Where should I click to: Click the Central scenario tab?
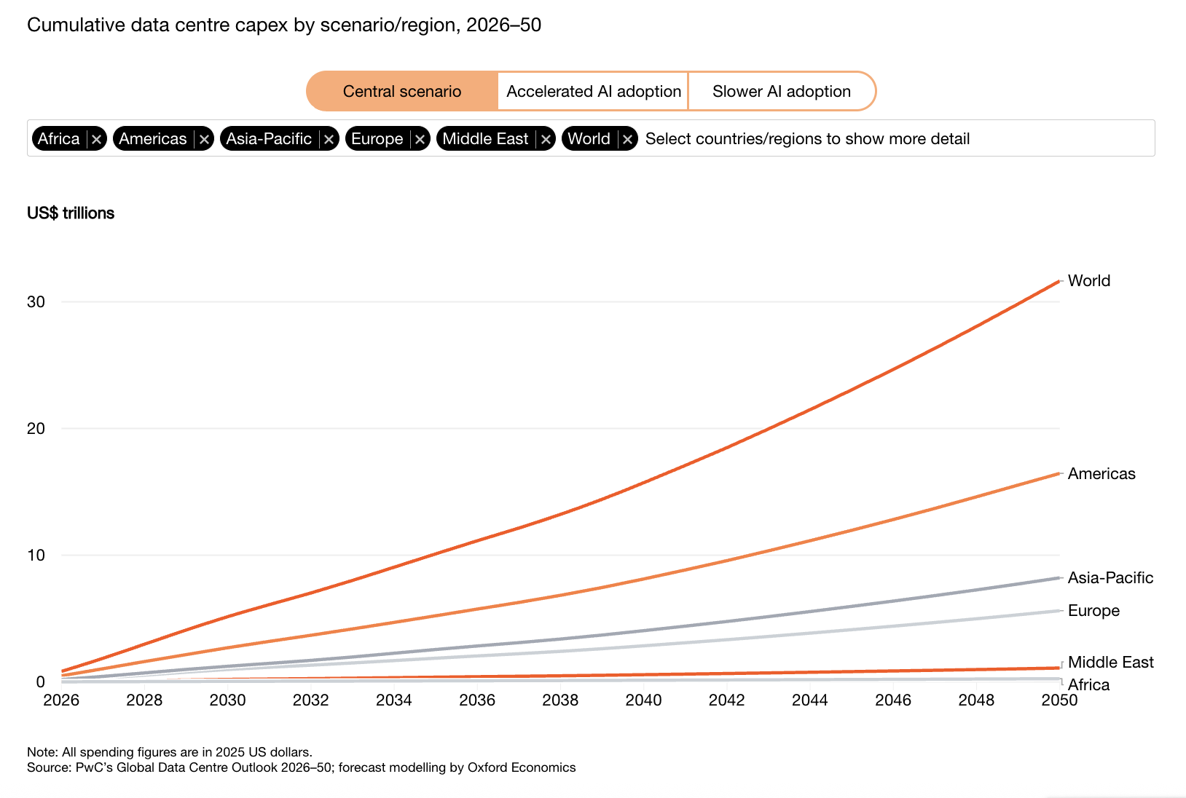[x=402, y=91]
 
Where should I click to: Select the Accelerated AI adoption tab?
[x=593, y=91]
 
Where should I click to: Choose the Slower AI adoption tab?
[x=782, y=91]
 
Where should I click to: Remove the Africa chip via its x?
[x=96, y=139]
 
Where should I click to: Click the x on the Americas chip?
[x=204, y=139]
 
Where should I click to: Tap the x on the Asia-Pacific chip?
[x=329, y=139]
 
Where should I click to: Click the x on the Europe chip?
[x=420, y=139]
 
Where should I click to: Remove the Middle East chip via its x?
[x=546, y=139]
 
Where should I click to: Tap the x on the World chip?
[x=627, y=139]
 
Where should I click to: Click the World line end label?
[x=1088, y=280]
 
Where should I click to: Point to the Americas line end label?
[x=1101, y=473]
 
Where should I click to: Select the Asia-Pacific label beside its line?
[x=1110, y=577]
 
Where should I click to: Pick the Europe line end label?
[x=1093, y=611]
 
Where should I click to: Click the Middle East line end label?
[x=1110, y=662]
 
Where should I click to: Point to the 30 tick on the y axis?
[x=36, y=301]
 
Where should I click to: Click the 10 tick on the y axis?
[x=36, y=555]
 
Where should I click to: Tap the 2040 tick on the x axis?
[x=643, y=700]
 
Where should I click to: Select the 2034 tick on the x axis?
[x=394, y=700]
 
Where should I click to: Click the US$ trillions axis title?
[x=71, y=213]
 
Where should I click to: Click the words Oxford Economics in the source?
[x=521, y=767]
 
